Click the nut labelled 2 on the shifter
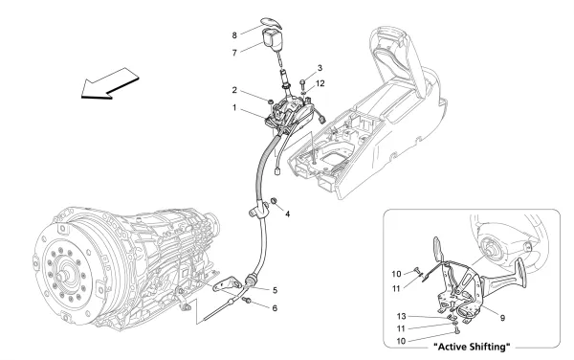pyautogui.click(x=274, y=101)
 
